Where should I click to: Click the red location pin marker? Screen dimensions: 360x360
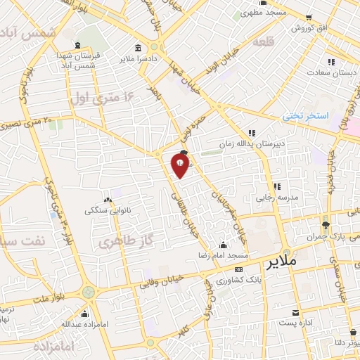[181, 166]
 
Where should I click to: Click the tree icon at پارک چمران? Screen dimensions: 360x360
[326, 226]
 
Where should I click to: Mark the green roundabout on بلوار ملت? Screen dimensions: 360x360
[88, 292]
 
